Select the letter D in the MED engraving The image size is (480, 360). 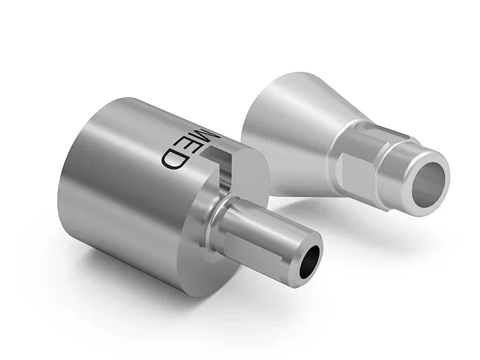point(174,159)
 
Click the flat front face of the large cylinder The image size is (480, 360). point(200,233)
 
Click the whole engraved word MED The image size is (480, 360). point(189,146)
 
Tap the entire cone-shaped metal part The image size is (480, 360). point(333,147)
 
